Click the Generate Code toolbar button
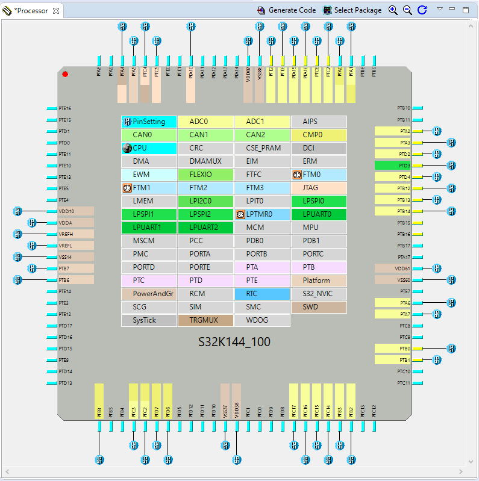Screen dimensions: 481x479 click(x=287, y=10)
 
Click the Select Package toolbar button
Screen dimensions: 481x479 click(x=352, y=10)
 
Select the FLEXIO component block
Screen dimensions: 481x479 click(x=206, y=175)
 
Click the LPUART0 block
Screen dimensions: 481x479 click(x=319, y=214)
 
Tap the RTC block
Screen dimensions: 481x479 click(x=262, y=294)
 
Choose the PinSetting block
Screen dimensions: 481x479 click(x=149, y=122)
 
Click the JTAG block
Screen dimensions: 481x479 click(x=319, y=188)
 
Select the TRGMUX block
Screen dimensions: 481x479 click(x=206, y=320)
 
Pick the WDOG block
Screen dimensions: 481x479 click(x=262, y=320)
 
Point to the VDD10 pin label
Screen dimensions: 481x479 click(x=67, y=211)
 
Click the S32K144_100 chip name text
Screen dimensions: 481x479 click(x=234, y=342)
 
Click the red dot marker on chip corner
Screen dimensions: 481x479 click(x=65, y=74)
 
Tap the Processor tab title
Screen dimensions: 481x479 click(x=31, y=11)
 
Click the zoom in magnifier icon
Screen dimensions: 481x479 click(x=393, y=10)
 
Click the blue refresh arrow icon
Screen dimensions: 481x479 click(x=422, y=10)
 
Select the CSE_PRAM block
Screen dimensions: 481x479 click(x=262, y=148)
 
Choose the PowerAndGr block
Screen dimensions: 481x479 click(x=149, y=294)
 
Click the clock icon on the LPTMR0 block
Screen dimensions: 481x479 click(x=240, y=214)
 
